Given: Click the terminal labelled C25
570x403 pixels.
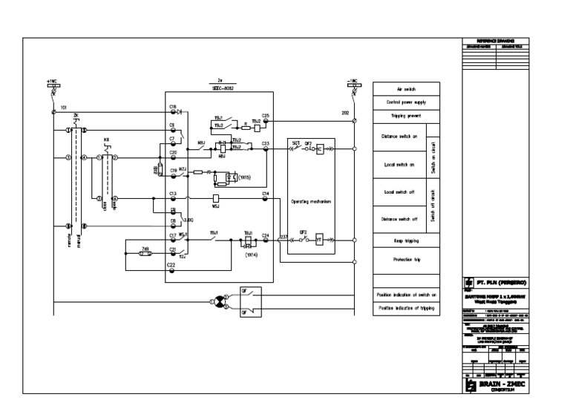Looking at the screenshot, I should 266,120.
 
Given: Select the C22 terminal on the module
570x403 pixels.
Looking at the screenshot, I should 172,269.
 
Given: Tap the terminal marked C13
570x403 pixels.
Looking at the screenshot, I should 172,198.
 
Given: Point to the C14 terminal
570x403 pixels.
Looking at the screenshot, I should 266,198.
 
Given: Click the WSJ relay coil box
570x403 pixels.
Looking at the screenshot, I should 215,198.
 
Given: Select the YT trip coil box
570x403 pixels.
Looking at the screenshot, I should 318,239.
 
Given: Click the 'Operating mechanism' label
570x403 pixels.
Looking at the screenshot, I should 309,201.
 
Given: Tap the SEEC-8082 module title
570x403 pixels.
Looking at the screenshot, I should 218,87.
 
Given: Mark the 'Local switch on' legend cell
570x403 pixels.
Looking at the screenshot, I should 399,165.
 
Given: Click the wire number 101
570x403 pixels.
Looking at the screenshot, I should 63,107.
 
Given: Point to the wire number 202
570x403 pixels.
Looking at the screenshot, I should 344,112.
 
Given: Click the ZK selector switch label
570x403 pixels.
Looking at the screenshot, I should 76,116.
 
